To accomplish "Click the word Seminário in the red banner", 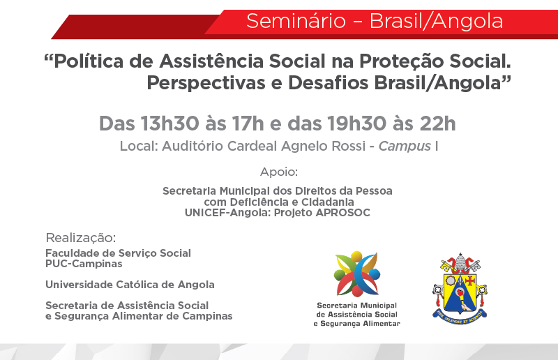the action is pyautogui.click(x=296, y=21).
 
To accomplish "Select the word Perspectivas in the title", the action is pyautogui.click(x=206, y=83).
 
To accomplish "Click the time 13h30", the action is pyautogui.click(x=169, y=124).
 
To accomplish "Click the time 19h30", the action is pyautogui.click(x=356, y=124).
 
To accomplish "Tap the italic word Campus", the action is pyautogui.click(x=405, y=147).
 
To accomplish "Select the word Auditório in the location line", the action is pyautogui.click(x=193, y=146).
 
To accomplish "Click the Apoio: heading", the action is pyautogui.click(x=279, y=172).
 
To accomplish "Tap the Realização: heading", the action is pyautogui.click(x=81, y=237).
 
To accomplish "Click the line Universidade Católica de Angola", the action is pyautogui.click(x=130, y=285).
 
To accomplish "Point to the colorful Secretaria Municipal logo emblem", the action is pyautogui.click(x=357, y=273).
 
